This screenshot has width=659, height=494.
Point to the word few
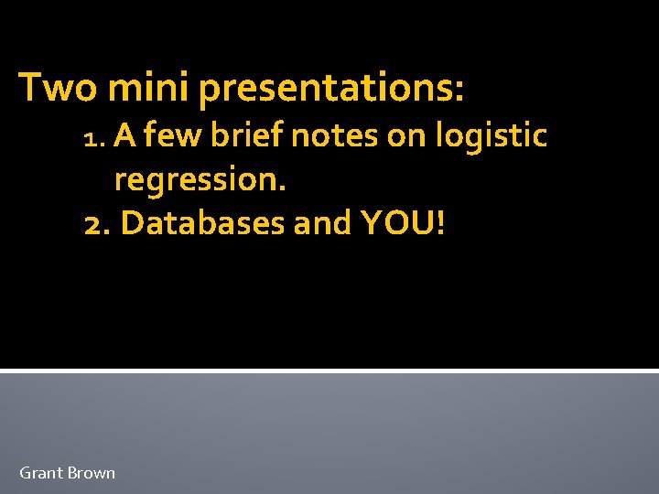[x=173, y=135]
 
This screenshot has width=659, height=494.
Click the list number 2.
[x=97, y=222]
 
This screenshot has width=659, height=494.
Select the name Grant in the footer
[x=40, y=473]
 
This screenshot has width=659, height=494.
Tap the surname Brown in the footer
[x=92, y=473]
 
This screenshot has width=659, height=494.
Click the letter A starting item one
[x=126, y=135]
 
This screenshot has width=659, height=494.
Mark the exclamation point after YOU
[x=440, y=222]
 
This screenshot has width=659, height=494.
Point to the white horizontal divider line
[x=329, y=370]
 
